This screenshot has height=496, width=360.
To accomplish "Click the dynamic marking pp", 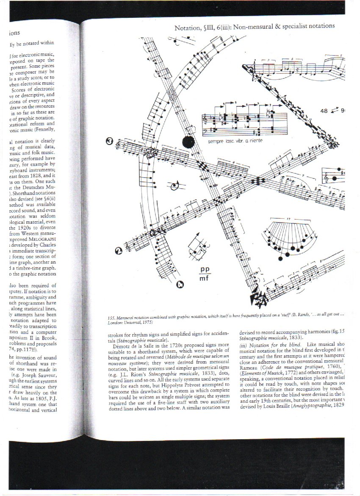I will click(206, 270).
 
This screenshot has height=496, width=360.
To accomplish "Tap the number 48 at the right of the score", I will click(325, 111).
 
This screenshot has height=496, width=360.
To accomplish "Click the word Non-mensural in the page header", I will click(247, 26).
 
